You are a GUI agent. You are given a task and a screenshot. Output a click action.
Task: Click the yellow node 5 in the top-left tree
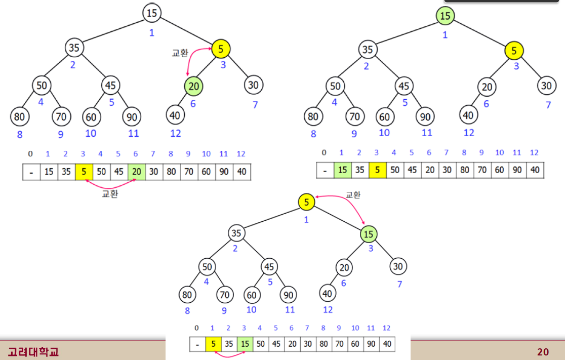(221, 49)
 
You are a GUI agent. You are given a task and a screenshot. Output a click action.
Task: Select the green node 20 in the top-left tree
(193, 87)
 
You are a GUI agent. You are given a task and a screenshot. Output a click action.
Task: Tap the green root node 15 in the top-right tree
(445, 16)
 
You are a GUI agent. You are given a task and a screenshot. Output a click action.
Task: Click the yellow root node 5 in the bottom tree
(306, 203)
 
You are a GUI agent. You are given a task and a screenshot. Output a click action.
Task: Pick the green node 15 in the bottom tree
(369, 234)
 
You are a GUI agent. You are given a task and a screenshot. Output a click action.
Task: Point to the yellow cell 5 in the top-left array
(84, 172)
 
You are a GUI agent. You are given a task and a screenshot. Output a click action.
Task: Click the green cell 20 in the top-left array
(136, 172)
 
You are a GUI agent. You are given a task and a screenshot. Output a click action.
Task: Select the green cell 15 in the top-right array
(343, 170)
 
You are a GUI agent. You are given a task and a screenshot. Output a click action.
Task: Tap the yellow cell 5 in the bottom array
(213, 344)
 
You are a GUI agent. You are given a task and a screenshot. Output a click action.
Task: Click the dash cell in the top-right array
(325, 170)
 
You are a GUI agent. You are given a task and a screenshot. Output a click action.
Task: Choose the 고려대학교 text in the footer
(33, 351)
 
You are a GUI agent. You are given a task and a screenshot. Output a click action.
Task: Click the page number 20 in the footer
(543, 352)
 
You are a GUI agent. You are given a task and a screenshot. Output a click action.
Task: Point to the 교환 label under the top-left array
(109, 194)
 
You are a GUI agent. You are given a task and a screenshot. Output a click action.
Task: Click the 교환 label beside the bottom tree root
(353, 194)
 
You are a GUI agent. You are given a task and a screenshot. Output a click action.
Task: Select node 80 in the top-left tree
(19, 116)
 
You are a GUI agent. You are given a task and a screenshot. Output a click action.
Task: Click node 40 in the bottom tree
(328, 293)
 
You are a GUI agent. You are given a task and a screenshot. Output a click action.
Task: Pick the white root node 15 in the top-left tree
(152, 13)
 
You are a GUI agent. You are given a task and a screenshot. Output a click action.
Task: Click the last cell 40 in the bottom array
(387, 344)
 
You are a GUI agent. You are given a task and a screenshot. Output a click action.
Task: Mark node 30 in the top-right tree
(546, 86)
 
